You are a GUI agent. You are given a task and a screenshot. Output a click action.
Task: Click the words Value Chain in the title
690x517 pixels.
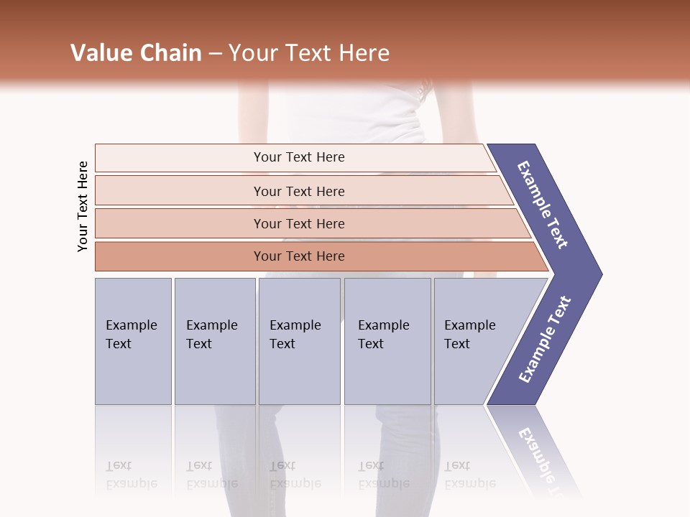coord(136,53)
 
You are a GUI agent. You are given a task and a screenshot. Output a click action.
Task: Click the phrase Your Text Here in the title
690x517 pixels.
coord(309,53)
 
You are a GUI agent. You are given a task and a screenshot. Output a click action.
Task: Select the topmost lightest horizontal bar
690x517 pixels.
coord(180,158)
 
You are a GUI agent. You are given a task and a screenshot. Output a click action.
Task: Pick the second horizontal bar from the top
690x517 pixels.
coord(180,191)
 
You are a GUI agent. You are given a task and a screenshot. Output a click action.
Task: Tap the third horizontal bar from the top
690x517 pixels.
coord(180,223)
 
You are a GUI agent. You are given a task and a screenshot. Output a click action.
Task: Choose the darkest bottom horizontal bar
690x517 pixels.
coord(180,256)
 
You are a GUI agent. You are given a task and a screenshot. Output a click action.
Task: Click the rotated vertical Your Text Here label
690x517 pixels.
coord(83,207)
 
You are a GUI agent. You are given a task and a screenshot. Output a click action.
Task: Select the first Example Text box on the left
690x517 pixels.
coord(133,341)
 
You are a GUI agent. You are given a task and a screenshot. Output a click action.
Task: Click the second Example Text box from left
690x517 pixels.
coord(215,341)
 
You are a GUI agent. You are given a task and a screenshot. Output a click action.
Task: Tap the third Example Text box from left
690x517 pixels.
coord(299,341)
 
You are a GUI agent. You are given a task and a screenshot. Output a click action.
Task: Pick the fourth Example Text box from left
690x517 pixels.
coord(387,341)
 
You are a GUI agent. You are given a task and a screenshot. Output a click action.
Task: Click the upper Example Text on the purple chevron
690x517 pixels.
coord(543,205)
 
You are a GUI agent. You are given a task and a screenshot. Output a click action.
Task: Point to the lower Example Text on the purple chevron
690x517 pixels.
coord(545,340)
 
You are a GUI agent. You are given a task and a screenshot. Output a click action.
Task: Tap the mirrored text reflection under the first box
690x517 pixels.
coord(131,475)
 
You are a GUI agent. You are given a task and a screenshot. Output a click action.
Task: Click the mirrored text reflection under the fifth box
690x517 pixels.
coord(469,475)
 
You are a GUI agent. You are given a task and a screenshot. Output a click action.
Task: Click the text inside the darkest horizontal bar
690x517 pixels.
coord(299,256)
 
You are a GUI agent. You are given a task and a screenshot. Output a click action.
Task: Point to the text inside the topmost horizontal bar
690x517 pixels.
coord(299,157)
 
